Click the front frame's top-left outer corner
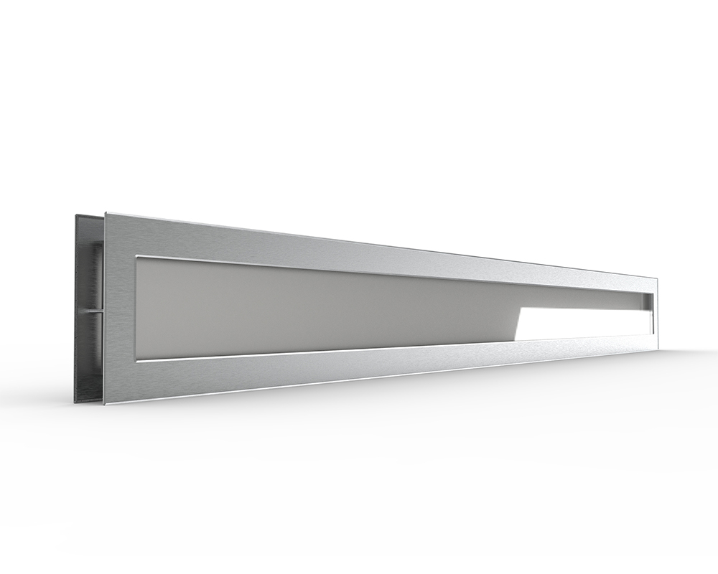(x=106, y=212)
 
